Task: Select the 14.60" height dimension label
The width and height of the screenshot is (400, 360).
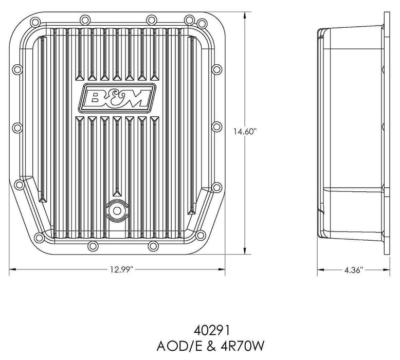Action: tap(244, 132)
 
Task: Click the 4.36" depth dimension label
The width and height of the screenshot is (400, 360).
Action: tap(352, 270)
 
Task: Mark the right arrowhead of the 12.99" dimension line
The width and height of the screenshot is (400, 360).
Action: tap(225, 269)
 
